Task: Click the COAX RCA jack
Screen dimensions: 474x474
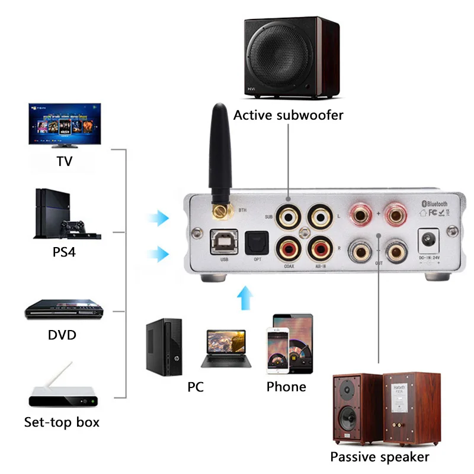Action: click(289, 247)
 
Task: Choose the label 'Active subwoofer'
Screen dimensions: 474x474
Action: click(288, 115)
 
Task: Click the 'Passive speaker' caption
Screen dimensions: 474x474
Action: click(379, 457)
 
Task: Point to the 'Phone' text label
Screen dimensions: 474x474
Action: click(286, 387)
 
